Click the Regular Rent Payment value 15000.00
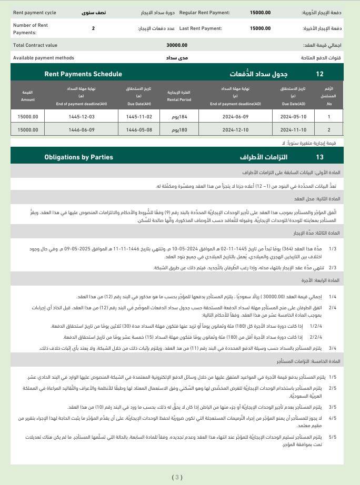point(261,12)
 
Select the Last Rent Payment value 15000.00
point(261,28)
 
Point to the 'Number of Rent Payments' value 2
point(93,28)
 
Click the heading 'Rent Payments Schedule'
point(83,74)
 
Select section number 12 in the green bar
point(320,74)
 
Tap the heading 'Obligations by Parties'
point(78,157)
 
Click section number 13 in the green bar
point(320,157)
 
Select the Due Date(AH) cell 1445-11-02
point(139,117)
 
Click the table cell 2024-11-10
point(293,129)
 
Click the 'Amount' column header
point(28,99)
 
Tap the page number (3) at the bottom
point(177,477)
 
